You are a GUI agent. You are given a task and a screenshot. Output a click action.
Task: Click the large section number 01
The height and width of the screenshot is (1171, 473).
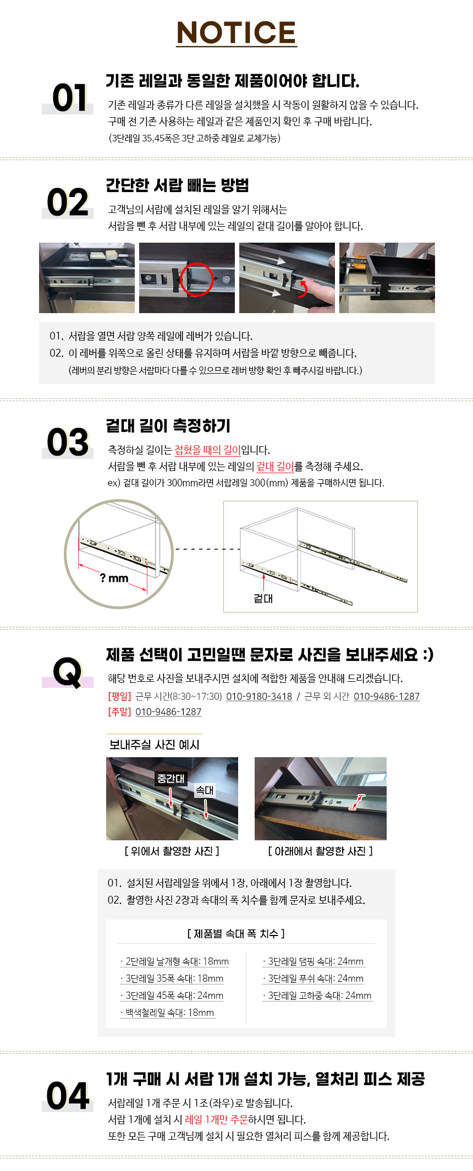click(70, 98)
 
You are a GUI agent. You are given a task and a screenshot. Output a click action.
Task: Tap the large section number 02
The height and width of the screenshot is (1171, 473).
click(68, 203)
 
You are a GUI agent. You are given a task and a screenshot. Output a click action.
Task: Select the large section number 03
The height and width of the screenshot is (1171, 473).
click(68, 442)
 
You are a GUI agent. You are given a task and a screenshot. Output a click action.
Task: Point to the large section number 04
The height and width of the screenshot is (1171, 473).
click(68, 1096)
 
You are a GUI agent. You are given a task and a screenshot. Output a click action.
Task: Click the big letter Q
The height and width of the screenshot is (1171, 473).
click(68, 672)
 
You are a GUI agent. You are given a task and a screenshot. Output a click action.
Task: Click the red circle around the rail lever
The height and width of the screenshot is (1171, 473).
click(196, 280)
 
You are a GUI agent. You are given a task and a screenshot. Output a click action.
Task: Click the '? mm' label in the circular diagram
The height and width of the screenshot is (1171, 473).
click(114, 578)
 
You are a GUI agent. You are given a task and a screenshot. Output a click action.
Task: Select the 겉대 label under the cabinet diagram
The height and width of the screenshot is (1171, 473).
click(263, 599)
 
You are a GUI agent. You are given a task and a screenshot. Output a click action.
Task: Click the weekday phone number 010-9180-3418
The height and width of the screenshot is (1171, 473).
click(259, 696)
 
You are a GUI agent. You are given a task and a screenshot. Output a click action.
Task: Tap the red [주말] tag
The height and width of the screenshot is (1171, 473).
click(119, 712)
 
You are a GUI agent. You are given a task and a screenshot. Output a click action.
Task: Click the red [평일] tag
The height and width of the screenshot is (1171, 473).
click(119, 696)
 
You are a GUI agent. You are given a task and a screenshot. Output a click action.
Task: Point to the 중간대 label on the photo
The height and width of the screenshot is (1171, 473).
click(171, 779)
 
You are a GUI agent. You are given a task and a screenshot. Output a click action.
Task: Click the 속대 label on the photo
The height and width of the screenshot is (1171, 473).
click(205, 790)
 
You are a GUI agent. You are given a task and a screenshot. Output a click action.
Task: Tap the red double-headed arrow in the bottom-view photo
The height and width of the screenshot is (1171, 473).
click(357, 802)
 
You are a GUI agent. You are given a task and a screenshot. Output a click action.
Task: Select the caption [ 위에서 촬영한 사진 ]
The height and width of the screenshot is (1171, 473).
click(172, 851)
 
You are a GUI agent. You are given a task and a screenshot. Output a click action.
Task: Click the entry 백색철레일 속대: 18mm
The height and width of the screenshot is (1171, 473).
click(168, 1013)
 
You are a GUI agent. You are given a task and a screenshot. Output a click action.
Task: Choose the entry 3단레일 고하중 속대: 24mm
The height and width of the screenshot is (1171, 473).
click(318, 995)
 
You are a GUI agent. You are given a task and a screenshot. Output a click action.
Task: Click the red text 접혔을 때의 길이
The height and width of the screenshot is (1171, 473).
click(207, 450)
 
